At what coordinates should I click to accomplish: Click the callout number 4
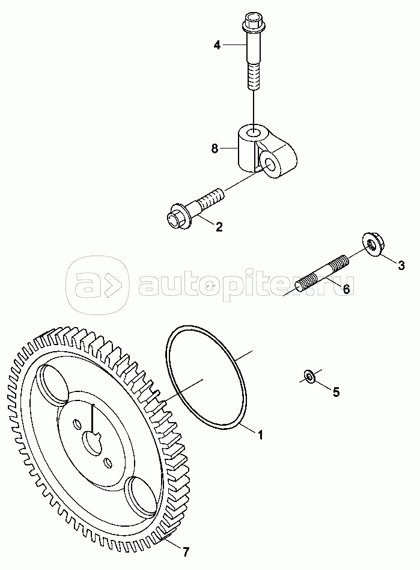tap(217, 46)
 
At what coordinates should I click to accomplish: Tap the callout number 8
tap(215, 149)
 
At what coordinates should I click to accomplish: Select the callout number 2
tap(219, 227)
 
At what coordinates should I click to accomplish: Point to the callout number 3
tap(401, 265)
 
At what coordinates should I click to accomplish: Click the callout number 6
tap(346, 289)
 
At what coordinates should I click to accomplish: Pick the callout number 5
tap(336, 392)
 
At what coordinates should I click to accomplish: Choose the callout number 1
tap(260, 434)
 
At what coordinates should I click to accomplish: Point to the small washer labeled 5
tap(309, 376)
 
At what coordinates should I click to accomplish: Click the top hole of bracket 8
tap(254, 132)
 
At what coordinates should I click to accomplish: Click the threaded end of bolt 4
tap(254, 76)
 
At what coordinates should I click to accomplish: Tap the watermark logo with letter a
tap(97, 286)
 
